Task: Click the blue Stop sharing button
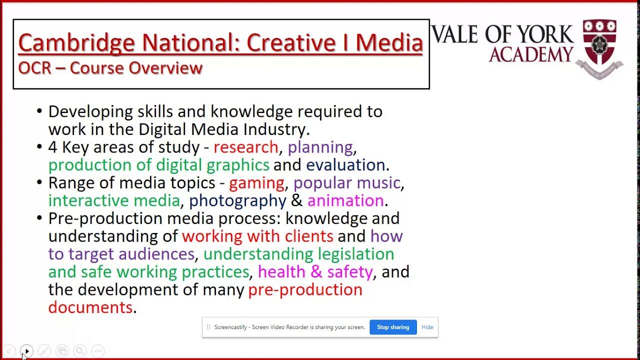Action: tap(393, 327)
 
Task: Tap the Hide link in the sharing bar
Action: tap(427, 327)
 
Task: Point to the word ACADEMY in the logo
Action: tap(531, 54)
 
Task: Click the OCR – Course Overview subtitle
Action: tap(110, 68)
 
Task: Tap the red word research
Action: tap(245, 147)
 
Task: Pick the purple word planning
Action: tap(320, 147)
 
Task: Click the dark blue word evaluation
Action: tap(345, 165)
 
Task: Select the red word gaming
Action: tap(256, 183)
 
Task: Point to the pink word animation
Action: tap(345, 200)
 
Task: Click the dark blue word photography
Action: tap(237, 200)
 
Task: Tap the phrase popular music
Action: tap(347, 183)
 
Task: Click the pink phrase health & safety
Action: tap(315, 272)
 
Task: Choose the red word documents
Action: tap(90, 307)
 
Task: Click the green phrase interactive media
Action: tap(114, 200)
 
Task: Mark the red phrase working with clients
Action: tap(257, 236)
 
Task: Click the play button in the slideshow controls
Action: tap(27, 351)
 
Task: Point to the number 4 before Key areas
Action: tap(53, 147)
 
